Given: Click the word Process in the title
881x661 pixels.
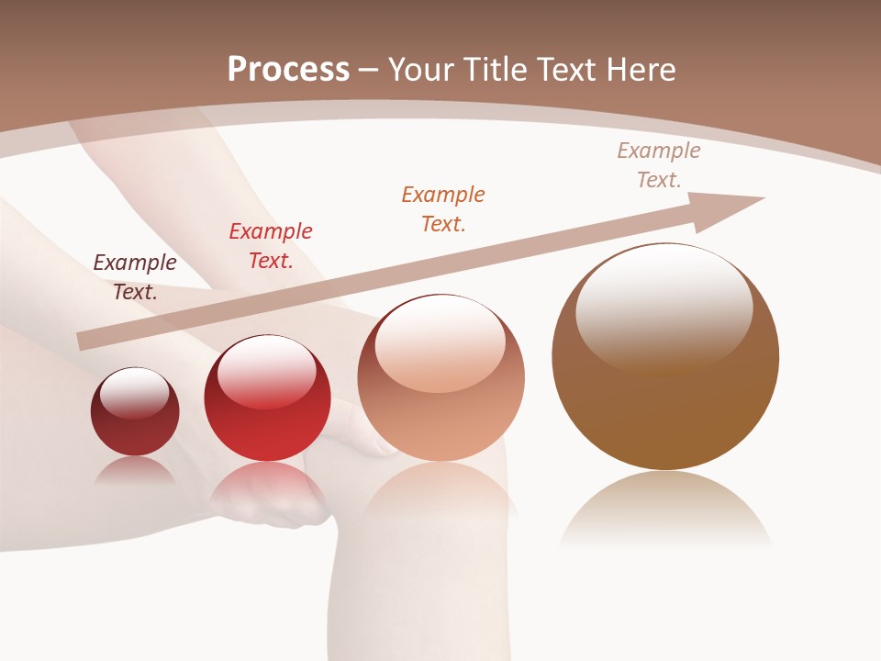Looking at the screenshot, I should click(x=288, y=70).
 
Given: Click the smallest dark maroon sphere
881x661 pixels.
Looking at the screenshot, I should click(x=135, y=412).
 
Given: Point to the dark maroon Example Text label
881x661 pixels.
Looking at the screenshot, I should click(x=135, y=277).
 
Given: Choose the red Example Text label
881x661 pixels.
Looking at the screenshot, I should click(x=271, y=246).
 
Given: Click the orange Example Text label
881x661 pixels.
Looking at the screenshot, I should click(x=443, y=208).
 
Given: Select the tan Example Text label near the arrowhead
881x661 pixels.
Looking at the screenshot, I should click(x=659, y=165).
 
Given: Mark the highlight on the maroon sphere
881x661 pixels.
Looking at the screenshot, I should click(x=135, y=392).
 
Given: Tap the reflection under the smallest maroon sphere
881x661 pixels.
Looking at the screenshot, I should click(x=135, y=470).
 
